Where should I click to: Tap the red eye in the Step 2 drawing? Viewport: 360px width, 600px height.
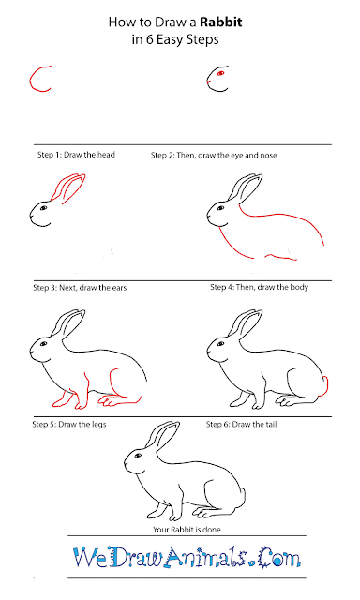point(220,73)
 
